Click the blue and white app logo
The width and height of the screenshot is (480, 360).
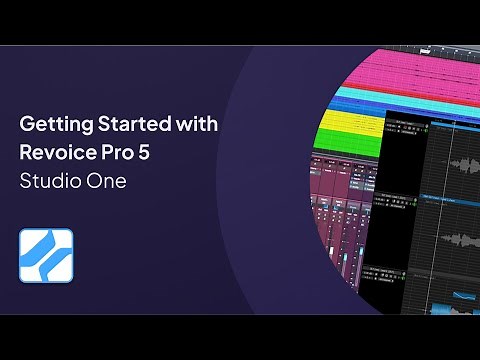tap(46, 255)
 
